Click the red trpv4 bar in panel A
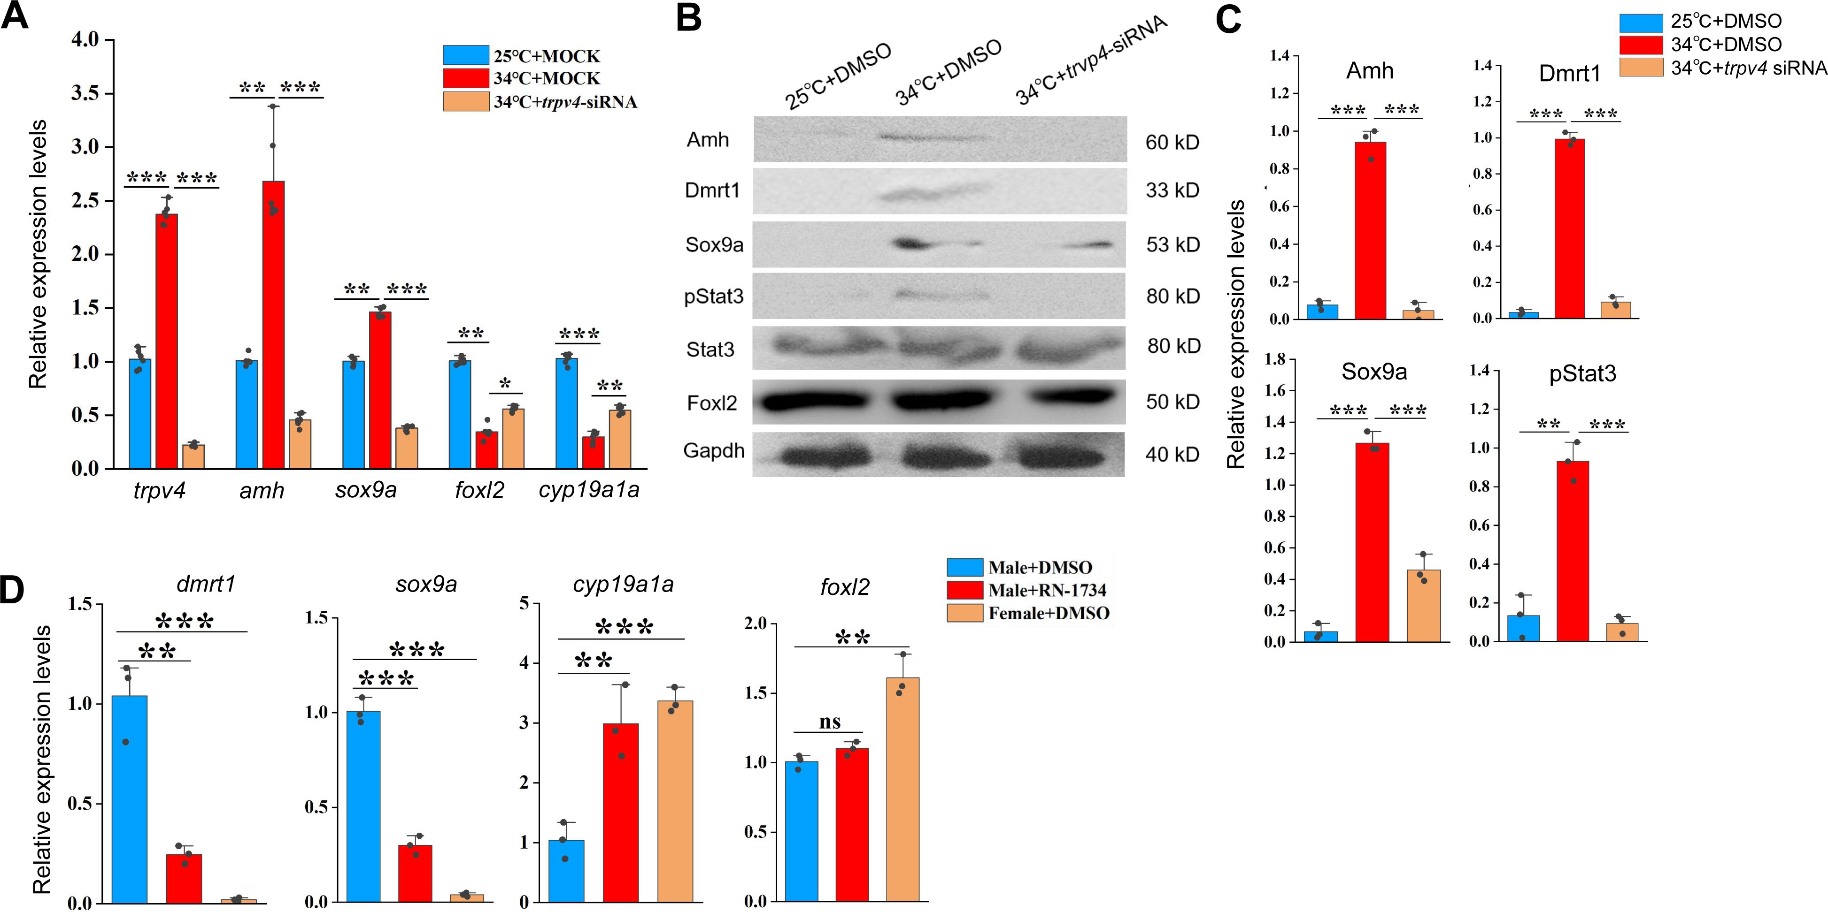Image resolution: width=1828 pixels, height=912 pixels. click(167, 341)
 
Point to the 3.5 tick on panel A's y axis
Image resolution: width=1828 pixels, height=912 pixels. click(85, 94)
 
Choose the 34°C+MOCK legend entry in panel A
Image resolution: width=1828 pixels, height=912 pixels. click(547, 78)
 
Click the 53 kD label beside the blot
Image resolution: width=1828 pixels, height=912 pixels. click(1172, 245)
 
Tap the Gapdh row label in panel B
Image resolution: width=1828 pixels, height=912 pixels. click(713, 451)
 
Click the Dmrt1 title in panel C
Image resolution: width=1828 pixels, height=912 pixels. click(1569, 73)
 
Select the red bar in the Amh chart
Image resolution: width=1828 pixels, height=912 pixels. click(1370, 230)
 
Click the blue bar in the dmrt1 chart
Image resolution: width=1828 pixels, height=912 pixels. click(130, 798)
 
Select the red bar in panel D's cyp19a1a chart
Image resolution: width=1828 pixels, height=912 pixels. click(620, 813)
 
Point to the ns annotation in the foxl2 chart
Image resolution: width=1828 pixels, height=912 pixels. click(830, 722)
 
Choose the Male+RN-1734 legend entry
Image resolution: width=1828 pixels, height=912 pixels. click(1047, 590)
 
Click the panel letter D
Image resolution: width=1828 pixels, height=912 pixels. click(12, 590)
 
